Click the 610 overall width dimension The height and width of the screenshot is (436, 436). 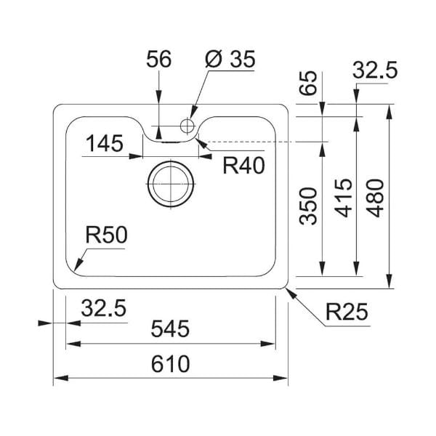click(170, 364)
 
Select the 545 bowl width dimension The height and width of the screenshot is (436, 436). click(170, 328)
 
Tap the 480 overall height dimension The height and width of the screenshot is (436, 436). click(375, 198)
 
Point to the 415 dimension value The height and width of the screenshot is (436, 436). click(344, 198)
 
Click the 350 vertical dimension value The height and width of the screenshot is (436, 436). click(308, 206)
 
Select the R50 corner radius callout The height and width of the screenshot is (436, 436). click(106, 235)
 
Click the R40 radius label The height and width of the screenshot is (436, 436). click(243, 165)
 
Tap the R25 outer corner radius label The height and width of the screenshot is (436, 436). click(347, 312)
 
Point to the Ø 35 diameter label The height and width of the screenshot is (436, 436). click(230, 59)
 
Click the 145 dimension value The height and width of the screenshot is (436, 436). click(104, 143)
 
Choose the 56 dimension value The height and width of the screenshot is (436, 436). click(158, 59)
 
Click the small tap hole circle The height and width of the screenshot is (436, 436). click(187, 126)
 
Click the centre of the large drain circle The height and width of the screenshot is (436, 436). click(171, 184)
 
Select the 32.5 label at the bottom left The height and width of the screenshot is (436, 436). click(104, 308)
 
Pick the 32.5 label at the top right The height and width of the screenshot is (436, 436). click(375, 70)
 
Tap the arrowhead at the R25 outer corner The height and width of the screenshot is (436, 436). click(291, 294)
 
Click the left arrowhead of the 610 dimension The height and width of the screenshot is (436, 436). click(60, 378)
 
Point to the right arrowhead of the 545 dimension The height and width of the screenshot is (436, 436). click(267, 344)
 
